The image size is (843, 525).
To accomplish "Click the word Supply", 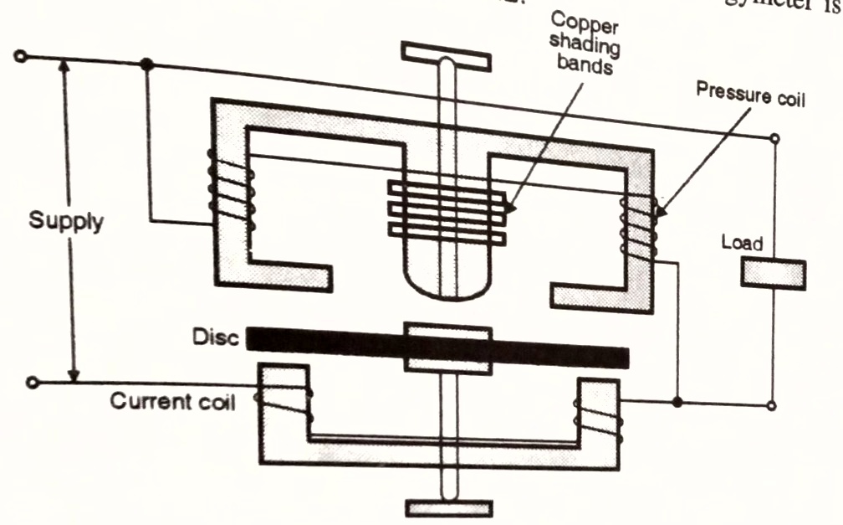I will point(66,224).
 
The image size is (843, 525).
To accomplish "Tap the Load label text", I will point(741,243).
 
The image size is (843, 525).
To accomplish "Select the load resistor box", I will point(773,274).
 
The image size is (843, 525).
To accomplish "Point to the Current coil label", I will point(172,402).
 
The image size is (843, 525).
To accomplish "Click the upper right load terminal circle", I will point(774,139).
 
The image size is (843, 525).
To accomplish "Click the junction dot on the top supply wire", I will point(147,64).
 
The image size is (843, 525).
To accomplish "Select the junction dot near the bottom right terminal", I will point(677,404).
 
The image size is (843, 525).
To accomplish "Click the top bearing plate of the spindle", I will point(445,53).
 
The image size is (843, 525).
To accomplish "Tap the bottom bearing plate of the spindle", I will point(448,507).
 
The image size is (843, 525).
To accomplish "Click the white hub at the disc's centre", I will point(447,347).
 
